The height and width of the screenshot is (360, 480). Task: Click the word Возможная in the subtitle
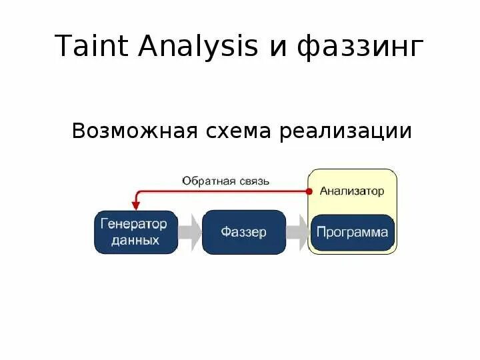tap(134, 131)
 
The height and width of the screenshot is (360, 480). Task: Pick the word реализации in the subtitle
tap(346, 131)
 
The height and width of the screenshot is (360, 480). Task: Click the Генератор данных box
tap(135, 232)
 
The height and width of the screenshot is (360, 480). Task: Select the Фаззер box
tap(243, 232)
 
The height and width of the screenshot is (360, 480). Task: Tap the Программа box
tap(352, 233)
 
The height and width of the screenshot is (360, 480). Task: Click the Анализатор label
tap(352, 191)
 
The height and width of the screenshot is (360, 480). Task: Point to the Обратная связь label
tap(226, 181)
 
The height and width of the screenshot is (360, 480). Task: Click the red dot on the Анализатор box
tap(309, 191)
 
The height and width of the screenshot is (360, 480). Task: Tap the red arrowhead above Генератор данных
tap(135, 205)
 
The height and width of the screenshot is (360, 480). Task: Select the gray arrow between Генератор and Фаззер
tap(191, 232)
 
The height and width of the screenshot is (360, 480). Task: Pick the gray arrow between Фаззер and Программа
tap(298, 232)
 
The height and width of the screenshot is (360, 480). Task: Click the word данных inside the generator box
tap(135, 240)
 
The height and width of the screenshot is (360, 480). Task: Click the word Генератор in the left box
tap(135, 224)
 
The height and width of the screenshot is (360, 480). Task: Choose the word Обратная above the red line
tap(207, 181)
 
